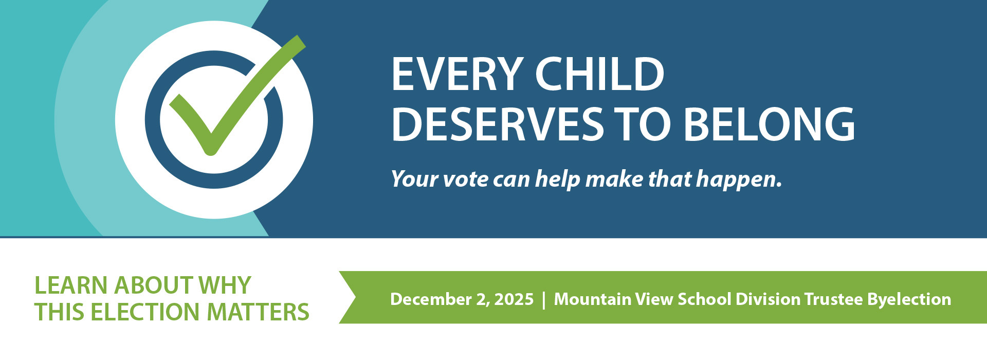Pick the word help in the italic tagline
click(x=558, y=179)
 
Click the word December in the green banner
click(x=431, y=299)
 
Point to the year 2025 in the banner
click(x=514, y=299)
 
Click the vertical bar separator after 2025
click(x=544, y=299)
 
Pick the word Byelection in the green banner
click(x=909, y=300)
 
